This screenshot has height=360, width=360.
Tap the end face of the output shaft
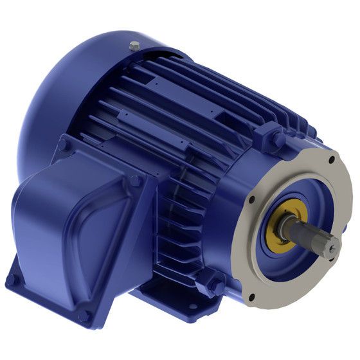coord(332,246)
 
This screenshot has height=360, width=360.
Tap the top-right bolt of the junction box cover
coord(136,179)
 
